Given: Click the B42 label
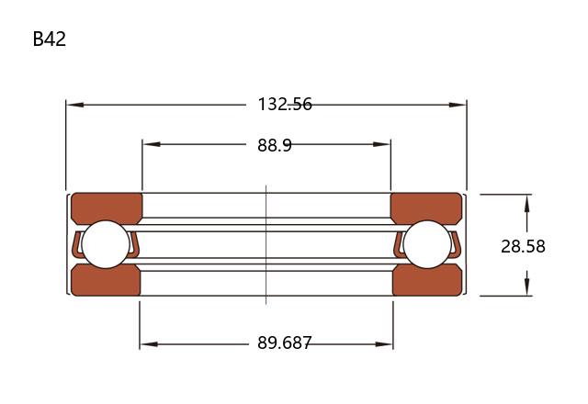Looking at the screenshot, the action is tap(49, 39).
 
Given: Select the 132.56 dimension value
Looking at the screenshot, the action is tap(285, 104).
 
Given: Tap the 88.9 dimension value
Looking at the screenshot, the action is tap(275, 145).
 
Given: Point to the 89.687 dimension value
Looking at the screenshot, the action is tap(284, 342).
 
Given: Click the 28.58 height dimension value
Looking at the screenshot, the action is tap(523, 246).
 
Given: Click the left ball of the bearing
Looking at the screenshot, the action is tap(106, 244).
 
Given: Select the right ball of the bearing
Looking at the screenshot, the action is tap(427, 244).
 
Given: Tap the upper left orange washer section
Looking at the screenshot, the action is tap(107, 208).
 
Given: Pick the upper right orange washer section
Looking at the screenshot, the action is tap(426, 208).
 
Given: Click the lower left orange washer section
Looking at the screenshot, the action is tap(107, 280).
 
